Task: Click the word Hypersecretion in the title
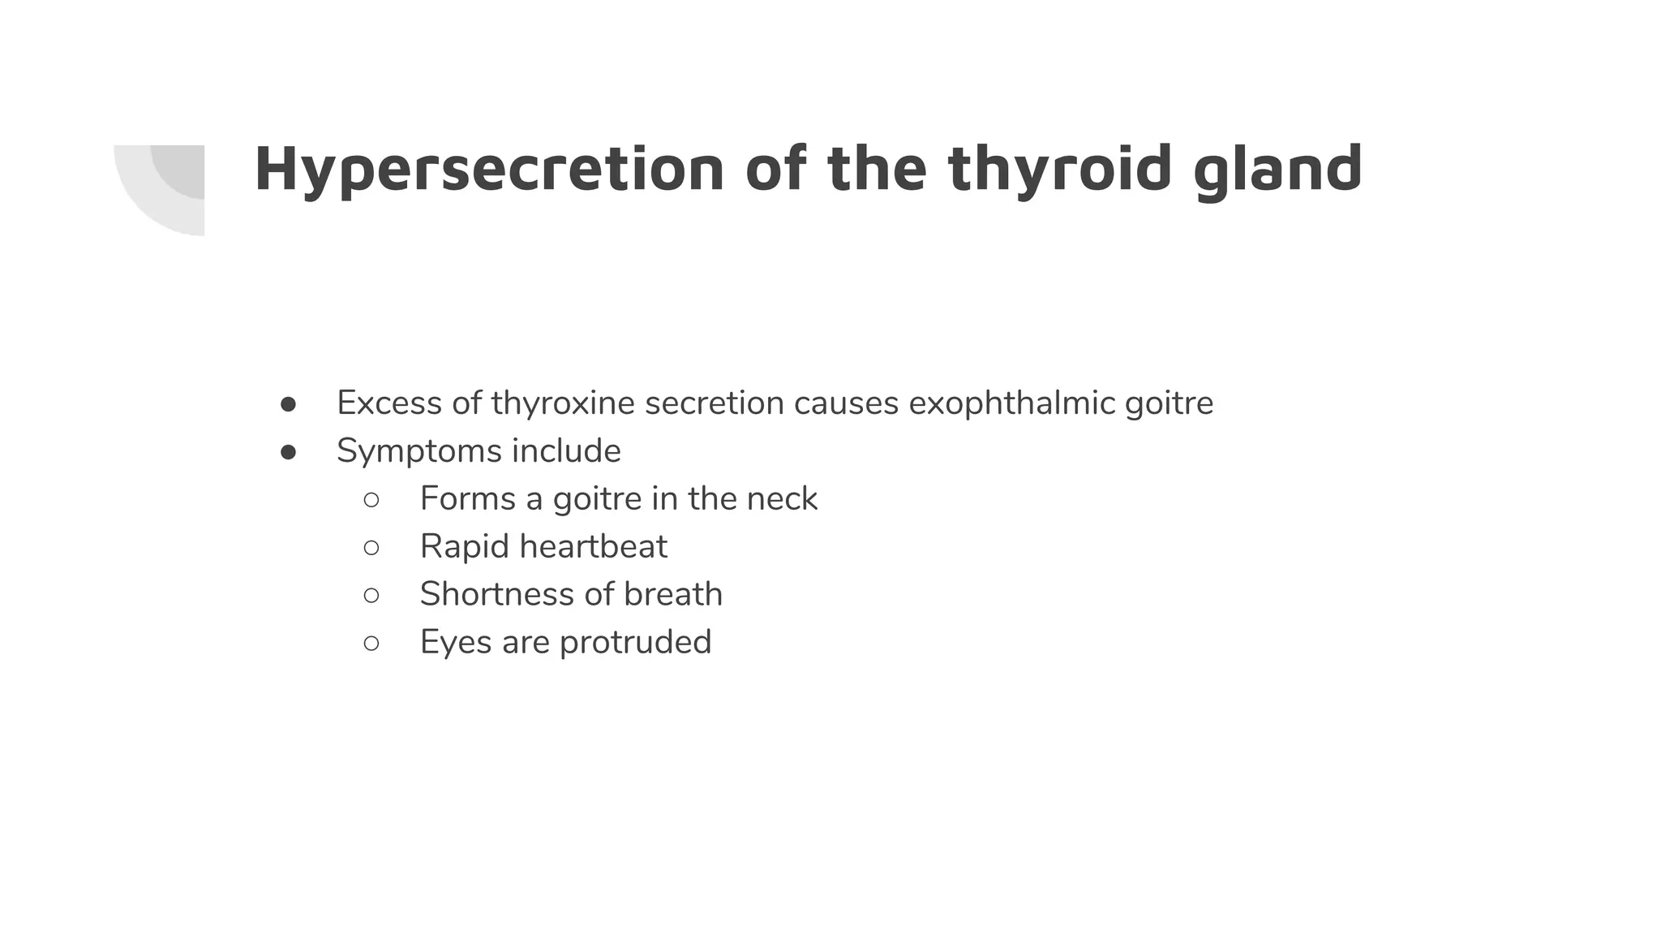coord(489,169)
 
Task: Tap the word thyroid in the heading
coord(1059,169)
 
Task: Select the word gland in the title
coord(1278,169)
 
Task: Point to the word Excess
coord(389,403)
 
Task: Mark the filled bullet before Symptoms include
coord(288,452)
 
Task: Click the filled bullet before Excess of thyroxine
coord(288,404)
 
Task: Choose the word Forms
coord(467,498)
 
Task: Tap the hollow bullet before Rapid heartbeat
coord(371,548)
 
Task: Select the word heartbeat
coord(593,546)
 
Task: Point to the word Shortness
coord(497,594)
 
